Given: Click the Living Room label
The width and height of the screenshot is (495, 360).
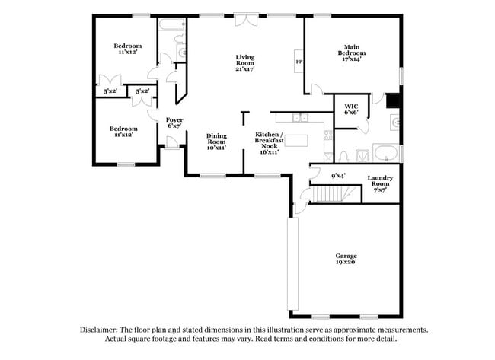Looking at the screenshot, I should point(244,58).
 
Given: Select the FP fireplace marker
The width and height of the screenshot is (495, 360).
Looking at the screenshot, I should point(299,62).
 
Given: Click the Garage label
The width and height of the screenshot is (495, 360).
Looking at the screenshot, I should point(346,256).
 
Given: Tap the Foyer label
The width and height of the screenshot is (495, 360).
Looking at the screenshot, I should point(174,119).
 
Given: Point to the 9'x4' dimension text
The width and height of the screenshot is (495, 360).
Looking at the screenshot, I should point(338,176).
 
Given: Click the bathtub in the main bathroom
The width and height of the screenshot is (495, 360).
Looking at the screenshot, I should point(386,151).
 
